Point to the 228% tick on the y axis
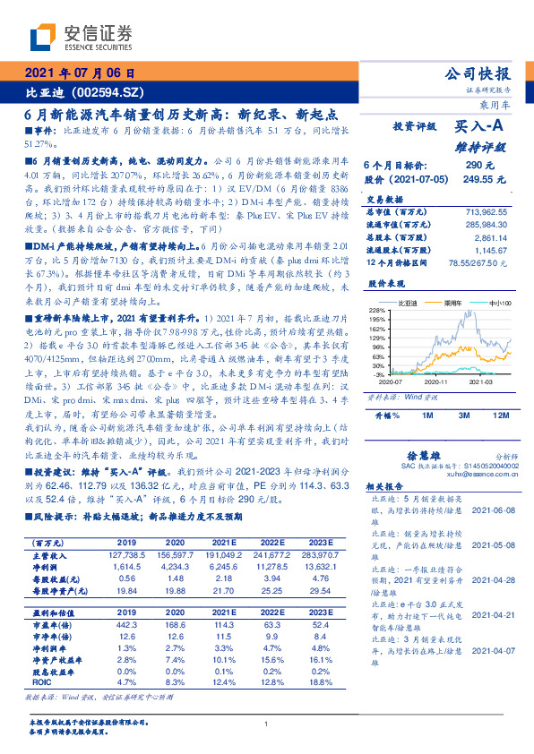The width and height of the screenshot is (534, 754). point(377,310)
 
